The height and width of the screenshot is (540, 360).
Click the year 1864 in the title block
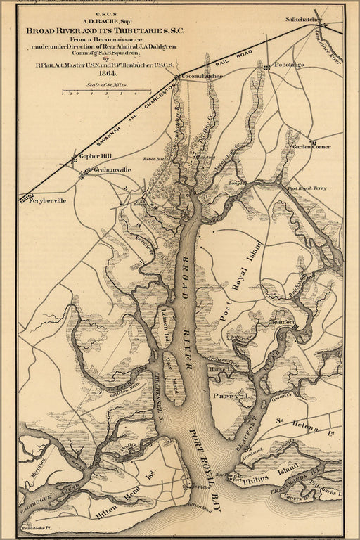pyautogui.click(x=108, y=72)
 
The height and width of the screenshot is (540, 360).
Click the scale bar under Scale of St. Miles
pyautogui.click(x=108, y=91)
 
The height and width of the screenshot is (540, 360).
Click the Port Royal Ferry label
pyautogui.click(x=307, y=189)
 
